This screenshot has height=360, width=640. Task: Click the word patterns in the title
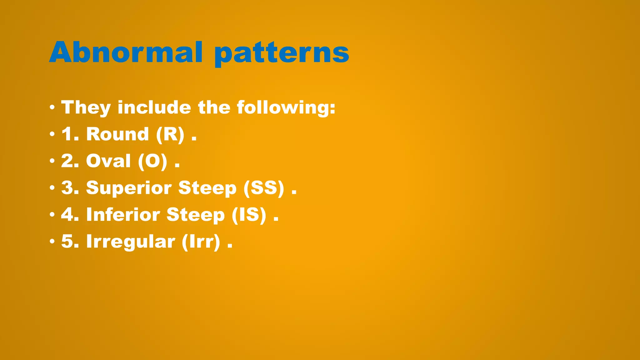[282, 53]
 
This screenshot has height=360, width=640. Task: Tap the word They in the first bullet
[86, 107]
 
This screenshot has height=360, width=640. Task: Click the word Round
[117, 134]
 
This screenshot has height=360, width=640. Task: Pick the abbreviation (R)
[170, 134]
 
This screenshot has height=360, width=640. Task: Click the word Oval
[108, 161]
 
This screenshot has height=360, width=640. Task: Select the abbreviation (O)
[152, 161]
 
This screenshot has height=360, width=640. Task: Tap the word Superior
[129, 188]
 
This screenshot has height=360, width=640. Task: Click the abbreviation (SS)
[264, 188]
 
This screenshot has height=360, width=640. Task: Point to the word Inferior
[123, 215]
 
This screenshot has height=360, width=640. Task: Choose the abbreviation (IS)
[249, 215]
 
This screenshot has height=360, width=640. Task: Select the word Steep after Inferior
[195, 215]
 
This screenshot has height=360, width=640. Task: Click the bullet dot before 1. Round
[52, 135]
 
